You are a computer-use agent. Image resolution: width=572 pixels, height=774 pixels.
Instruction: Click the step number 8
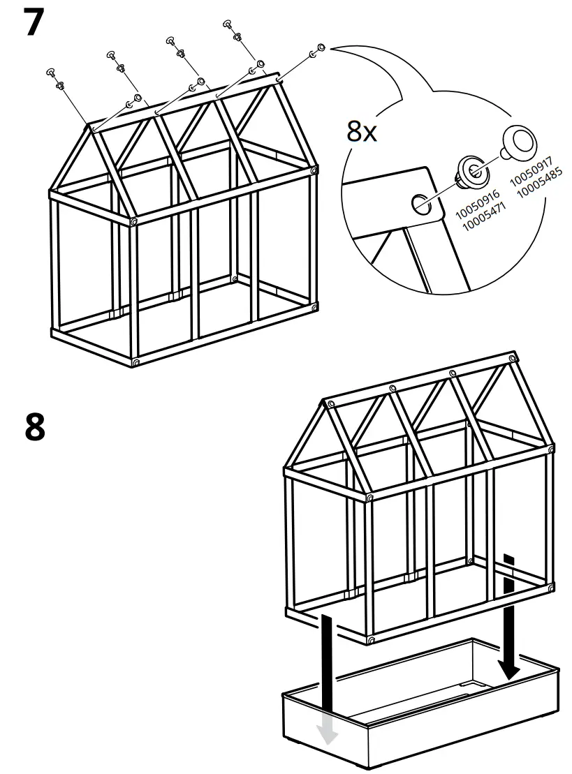click(34, 427)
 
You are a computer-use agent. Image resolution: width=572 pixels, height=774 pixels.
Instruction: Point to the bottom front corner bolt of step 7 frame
click(135, 363)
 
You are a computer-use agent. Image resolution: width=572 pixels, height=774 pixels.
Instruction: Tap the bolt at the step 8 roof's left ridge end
click(328, 403)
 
